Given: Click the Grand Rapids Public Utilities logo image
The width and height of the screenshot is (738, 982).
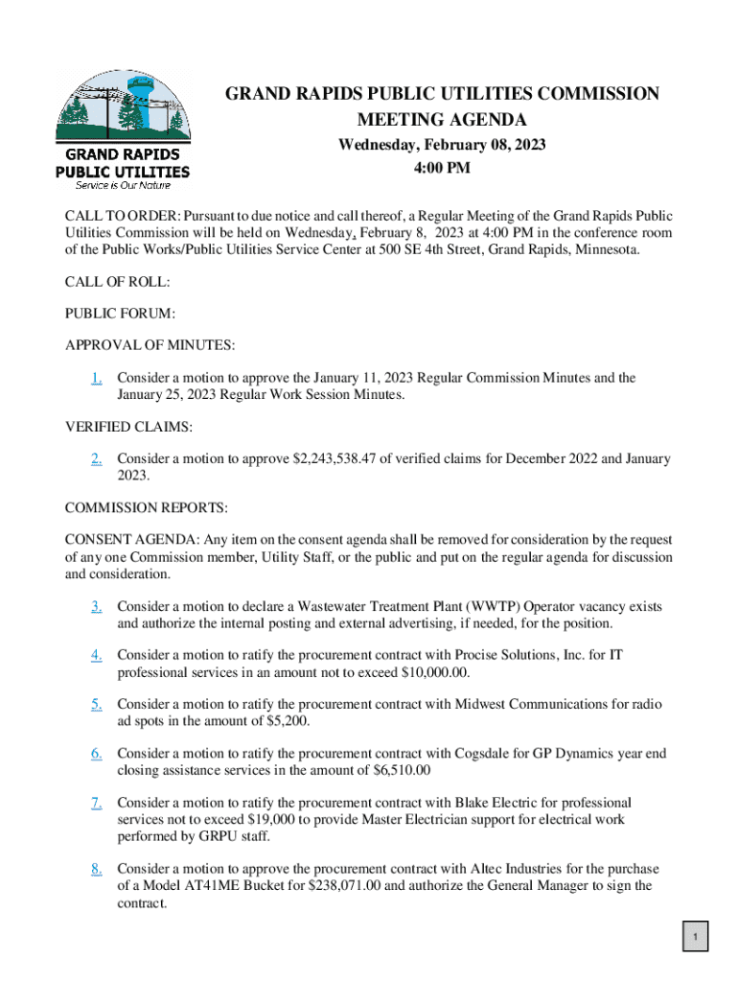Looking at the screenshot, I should click(x=122, y=129).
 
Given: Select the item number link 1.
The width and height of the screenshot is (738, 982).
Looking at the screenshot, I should click(x=97, y=378).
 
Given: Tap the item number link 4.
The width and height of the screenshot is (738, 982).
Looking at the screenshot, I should click(x=97, y=655).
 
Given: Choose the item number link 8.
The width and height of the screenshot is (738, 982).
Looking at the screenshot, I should click(x=97, y=869).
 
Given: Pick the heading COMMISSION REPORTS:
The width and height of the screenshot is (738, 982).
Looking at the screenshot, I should click(x=146, y=506).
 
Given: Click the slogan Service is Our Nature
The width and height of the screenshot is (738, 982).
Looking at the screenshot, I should click(x=119, y=184).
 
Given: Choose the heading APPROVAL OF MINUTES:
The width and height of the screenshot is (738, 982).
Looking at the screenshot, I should click(x=150, y=344).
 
